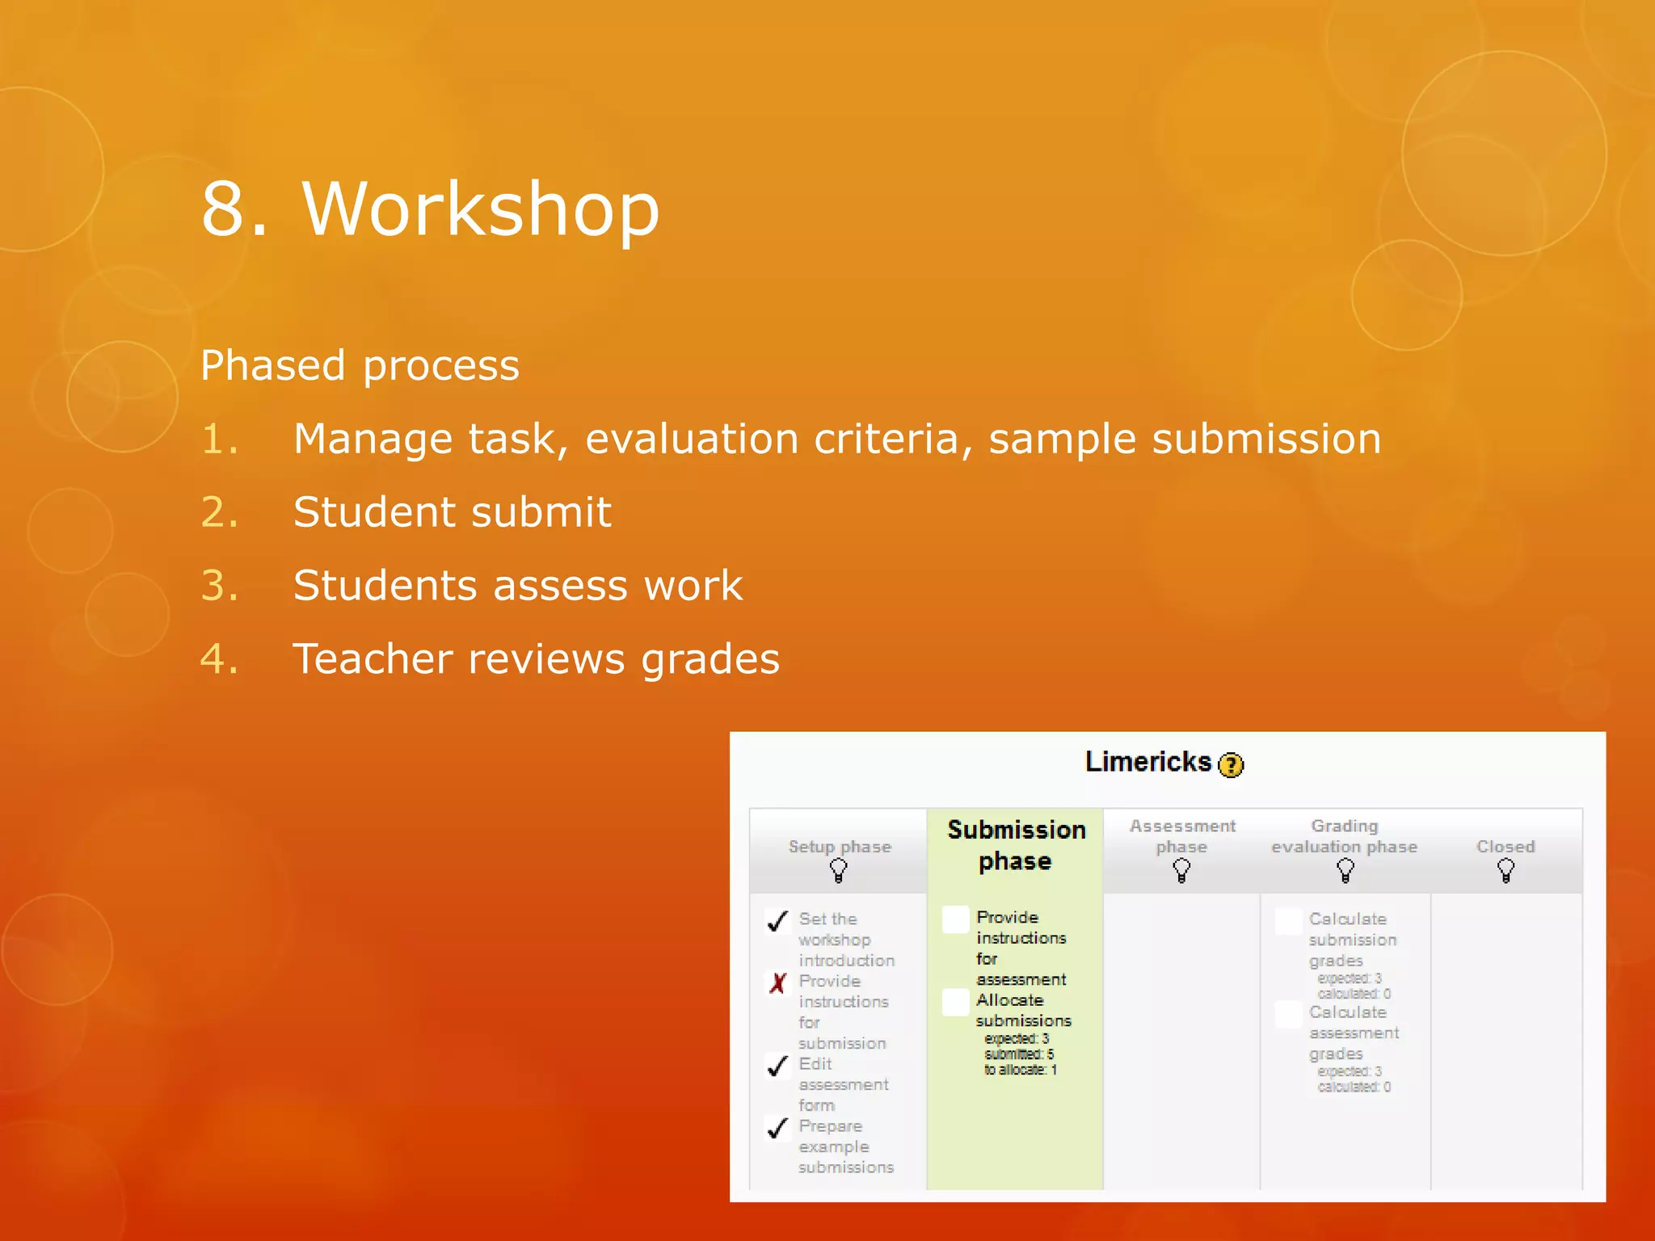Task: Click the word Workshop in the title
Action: [x=481, y=209]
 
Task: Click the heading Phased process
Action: [x=360, y=365]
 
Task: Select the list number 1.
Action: [x=220, y=440]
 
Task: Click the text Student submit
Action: [x=452, y=512]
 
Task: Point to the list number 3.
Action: [x=220, y=586]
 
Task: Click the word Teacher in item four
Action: [x=378, y=658]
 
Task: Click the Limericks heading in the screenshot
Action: [x=1148, y=762]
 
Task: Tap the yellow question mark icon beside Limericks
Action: [x=1231, y=764]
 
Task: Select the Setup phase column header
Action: [x=840, y=847]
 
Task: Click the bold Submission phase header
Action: [x=1016, y=845]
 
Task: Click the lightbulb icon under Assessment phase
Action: [x=1181, y=871]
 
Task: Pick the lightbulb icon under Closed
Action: [x=1506, y=871]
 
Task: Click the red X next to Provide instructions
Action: [x=777, y=983]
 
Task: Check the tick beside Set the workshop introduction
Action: [x=777, y=921]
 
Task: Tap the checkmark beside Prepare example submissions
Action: [x=777, y=1128]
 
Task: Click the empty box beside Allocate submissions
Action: [x=956, y=1003]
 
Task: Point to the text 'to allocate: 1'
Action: [x=1020, y=1070]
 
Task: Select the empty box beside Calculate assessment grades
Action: [x=1288, y=1015]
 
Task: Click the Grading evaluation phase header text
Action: [x=1344, y=836]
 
